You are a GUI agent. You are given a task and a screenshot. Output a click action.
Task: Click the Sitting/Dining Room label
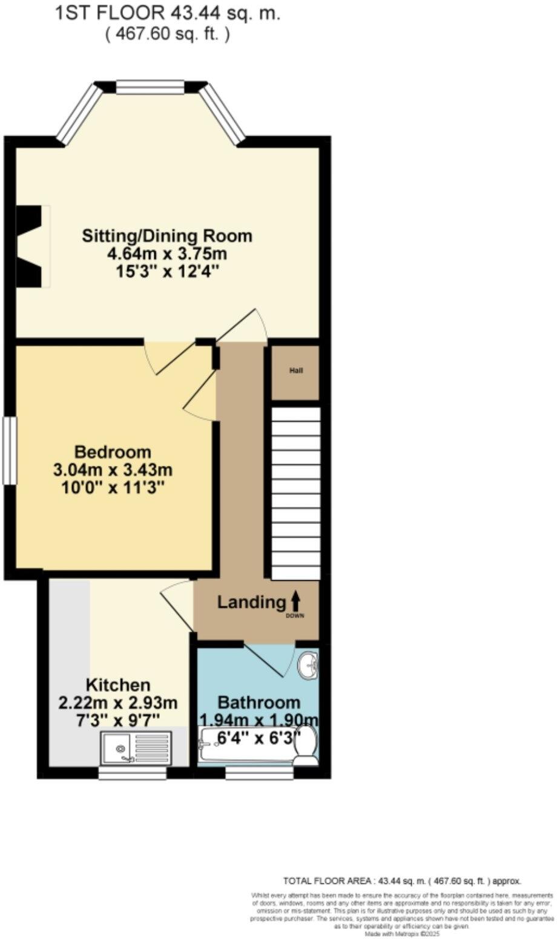tap(167, 235)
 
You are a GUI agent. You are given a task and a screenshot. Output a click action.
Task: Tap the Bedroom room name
tap(113, 452)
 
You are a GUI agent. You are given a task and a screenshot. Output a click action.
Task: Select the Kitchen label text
tap(117, 685)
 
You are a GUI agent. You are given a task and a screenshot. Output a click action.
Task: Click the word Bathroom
tap(259, 702)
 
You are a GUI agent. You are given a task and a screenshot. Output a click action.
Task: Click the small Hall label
tap(295, 371)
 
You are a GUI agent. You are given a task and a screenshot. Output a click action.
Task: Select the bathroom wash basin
tap(309, 666)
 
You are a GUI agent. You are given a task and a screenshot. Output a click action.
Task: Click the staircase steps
tap(295, 493)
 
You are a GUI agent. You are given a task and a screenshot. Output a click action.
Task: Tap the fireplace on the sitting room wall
tap(30, 245)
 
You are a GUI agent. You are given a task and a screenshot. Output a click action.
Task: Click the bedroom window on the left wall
tap(9, 450)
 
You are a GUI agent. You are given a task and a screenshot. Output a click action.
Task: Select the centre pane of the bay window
tap(150, 88)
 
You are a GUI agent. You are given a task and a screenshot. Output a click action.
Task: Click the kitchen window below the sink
tap(132, 773)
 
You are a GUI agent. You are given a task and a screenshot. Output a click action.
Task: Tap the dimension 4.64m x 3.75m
tap(167, 254)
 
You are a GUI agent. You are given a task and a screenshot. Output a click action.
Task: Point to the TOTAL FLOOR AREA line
tap(402, 881)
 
